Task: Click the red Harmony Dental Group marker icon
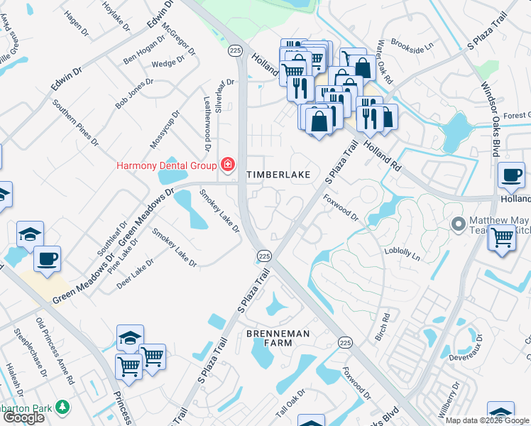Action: point(228,165)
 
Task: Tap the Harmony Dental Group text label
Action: point(166,166)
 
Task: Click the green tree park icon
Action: point(63,407)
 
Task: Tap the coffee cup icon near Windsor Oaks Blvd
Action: point(510,175)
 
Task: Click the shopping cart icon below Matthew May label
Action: point(502,238)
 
